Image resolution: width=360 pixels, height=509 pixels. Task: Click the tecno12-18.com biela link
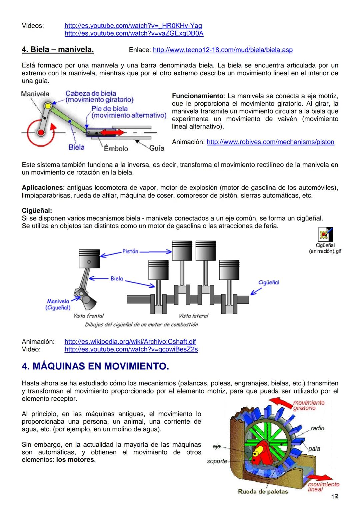[x=223, y=50]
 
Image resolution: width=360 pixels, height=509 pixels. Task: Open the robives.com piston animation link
[x=270, y=142]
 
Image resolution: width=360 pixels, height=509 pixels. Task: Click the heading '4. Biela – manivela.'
[x=58, y=50]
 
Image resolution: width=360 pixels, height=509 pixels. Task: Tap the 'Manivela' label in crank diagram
[x=35, y=94]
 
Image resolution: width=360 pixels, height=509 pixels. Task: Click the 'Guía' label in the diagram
[x=157, y=148]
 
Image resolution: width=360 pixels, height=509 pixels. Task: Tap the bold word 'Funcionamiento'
[x=197, y=96]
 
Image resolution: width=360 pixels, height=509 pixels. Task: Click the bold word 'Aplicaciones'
[x=42, y=188]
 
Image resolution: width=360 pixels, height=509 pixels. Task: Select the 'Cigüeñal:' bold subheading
[x=37, y=211]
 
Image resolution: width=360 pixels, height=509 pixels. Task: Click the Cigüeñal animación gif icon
[x=325, y=235]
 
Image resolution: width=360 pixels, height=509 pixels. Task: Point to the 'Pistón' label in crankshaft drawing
[x=130, y=251]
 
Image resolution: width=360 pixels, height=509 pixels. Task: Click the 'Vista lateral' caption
[x=193, y=316]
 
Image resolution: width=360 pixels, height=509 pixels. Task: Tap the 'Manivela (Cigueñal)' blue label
[x=58, y=304]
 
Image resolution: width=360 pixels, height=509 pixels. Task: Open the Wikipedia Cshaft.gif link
[x=130, y=341]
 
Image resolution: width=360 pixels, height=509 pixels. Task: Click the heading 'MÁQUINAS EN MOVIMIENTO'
[x=95, y=366]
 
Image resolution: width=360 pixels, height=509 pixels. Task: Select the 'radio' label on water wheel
[x=317, y=428]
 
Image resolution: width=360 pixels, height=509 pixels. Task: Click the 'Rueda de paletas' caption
[x=263, y=491]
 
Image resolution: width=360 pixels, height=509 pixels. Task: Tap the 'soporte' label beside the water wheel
[x=217, y=461]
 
